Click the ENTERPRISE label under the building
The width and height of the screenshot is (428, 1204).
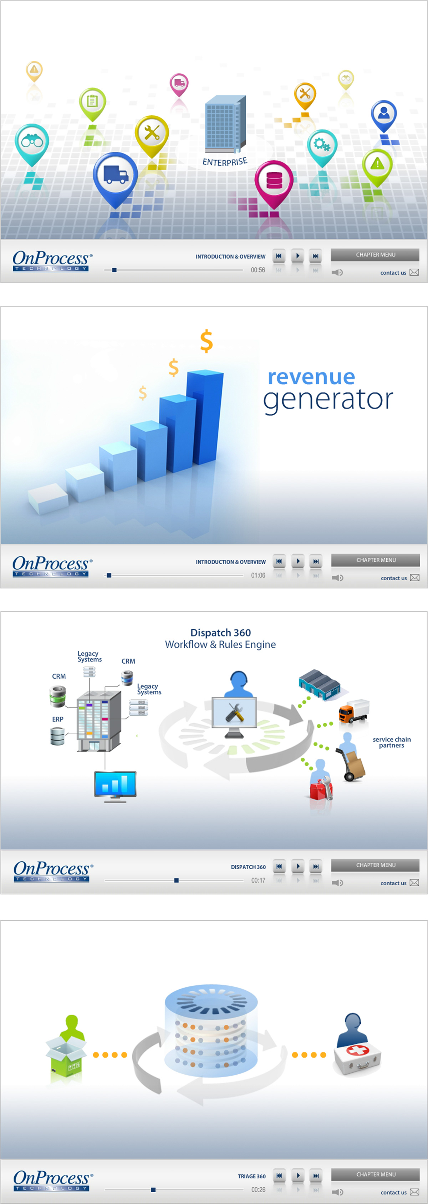click(225, 162)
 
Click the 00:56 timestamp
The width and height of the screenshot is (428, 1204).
click(258, 270)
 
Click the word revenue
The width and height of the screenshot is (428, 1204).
click(311, 377)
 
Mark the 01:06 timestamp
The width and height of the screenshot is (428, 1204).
click(258, 575)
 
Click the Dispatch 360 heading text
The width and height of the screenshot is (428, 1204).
click(220, 632)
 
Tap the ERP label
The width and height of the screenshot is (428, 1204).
click(57, 719)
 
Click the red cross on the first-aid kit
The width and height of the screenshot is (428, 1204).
click(357, 1050)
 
